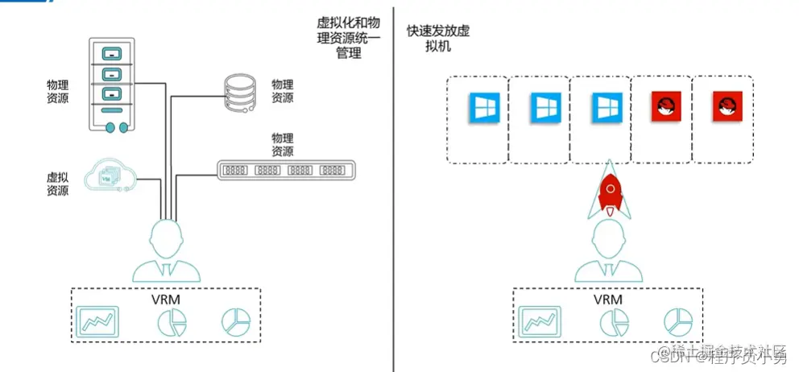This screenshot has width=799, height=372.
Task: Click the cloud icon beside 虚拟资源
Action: point(110,178)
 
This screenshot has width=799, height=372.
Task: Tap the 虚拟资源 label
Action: point(58,183)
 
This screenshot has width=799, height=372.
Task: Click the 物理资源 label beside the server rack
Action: point(58,91)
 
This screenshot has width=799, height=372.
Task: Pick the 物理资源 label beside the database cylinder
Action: point(282,91)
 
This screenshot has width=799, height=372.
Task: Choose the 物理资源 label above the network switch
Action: point(282,145)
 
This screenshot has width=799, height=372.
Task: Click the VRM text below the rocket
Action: point(608,299)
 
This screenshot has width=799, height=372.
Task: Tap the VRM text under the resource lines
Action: point(165,299)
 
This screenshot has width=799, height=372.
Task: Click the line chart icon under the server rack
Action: point(97,320)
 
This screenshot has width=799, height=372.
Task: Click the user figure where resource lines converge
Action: point(167,250)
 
